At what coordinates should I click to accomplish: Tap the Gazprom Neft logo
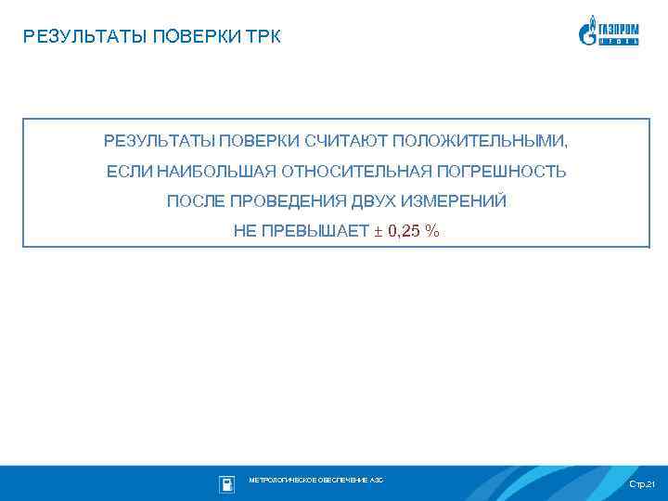pyautogui.click(x=609, y=31)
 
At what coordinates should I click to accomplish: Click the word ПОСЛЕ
pyautogui.click(x=195, y=201)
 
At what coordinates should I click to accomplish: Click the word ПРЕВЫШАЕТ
pyautogui.click(x=326, y=231)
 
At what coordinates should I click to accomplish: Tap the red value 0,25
pyautogui.click(x=405, y=231)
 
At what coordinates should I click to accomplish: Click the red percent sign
pyautogui.click(x=432, y=231)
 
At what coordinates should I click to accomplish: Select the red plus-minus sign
pyautogui.click(x=378, y=231)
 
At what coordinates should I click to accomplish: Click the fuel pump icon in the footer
pyautogui.click(x=226, y=483)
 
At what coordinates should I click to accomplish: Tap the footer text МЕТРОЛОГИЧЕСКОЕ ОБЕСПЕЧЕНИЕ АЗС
pyautogui.click(x=315, y=480)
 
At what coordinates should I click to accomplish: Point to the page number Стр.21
pyautogui.click(x=641, y=485)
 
